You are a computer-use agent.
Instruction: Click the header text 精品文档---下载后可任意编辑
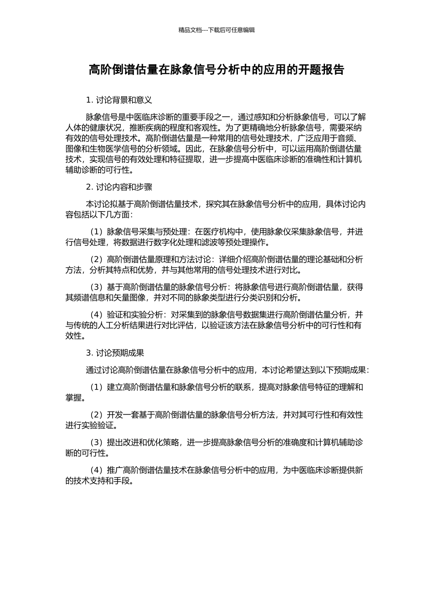coord(216,30)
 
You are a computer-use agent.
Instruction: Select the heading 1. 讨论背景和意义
coord(119,100)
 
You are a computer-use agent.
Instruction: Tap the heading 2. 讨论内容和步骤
coord(119,187)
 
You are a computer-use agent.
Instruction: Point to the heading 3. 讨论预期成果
coord(115,353)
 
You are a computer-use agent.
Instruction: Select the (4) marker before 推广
coord(96,470)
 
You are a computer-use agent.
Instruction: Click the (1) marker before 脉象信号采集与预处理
coord(96,232)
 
